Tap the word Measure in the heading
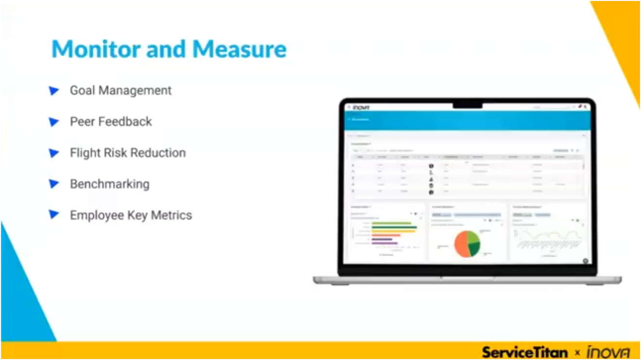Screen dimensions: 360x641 [x=239, y=50]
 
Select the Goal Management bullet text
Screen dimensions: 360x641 [x=120, y=90]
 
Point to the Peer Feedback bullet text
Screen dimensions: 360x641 [x=111, y=121]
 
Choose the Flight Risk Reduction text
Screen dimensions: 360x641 [x=128, y=153]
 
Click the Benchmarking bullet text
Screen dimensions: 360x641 [x=110, y=184]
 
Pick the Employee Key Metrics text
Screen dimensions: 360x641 [x=131, y=215]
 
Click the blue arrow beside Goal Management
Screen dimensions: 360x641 [x=54, y=90]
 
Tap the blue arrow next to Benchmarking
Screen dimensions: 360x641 [x=54, y=184]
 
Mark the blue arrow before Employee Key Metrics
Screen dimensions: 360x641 [x=54, y=215]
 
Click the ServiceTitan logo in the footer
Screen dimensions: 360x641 [x=524, y=352]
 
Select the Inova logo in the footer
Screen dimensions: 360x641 [x=608, y=352]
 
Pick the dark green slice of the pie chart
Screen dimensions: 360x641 [x=474, y=248]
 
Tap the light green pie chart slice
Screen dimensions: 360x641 [x=473, y=236]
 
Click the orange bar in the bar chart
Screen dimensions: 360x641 [x=386, y=235]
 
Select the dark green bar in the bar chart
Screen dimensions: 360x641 [x=394, y=227]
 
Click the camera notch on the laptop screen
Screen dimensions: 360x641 [x=467, y=105]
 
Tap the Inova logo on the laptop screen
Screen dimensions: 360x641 [x=362, y=107]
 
